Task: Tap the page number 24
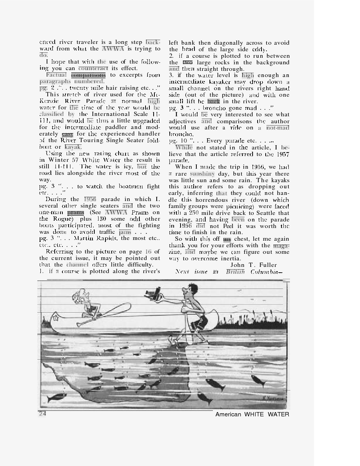42,414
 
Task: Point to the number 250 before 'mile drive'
194,213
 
